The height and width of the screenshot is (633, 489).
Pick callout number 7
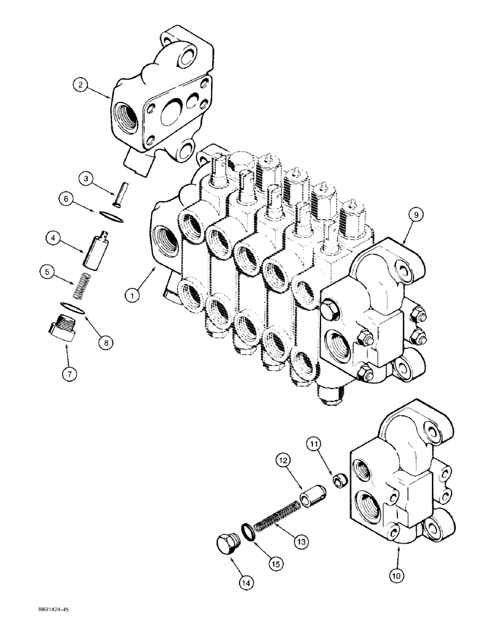(x=70, y=373)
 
